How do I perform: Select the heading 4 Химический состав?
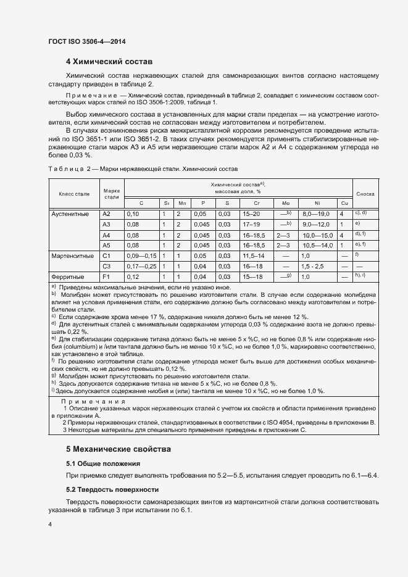[109, 62]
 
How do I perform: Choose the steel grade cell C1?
[106, 255]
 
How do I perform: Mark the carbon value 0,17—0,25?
[141, 265]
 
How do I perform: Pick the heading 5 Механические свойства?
[118, 448]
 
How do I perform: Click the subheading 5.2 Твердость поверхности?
[112, 489]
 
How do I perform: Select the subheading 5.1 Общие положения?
[103, 463]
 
